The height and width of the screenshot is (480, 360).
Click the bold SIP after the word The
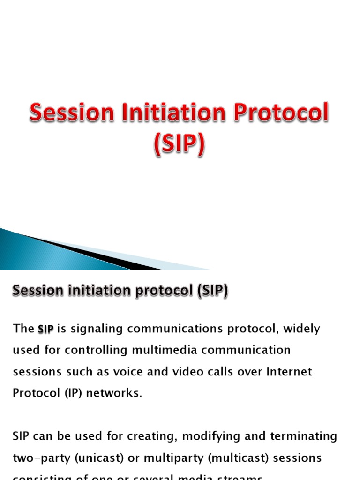pyautogui.click(x=45, y=329)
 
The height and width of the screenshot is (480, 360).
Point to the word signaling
pyautogui.click(x=96, y=329)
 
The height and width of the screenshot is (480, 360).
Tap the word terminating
pyautogui.click(x=304, y=436)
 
